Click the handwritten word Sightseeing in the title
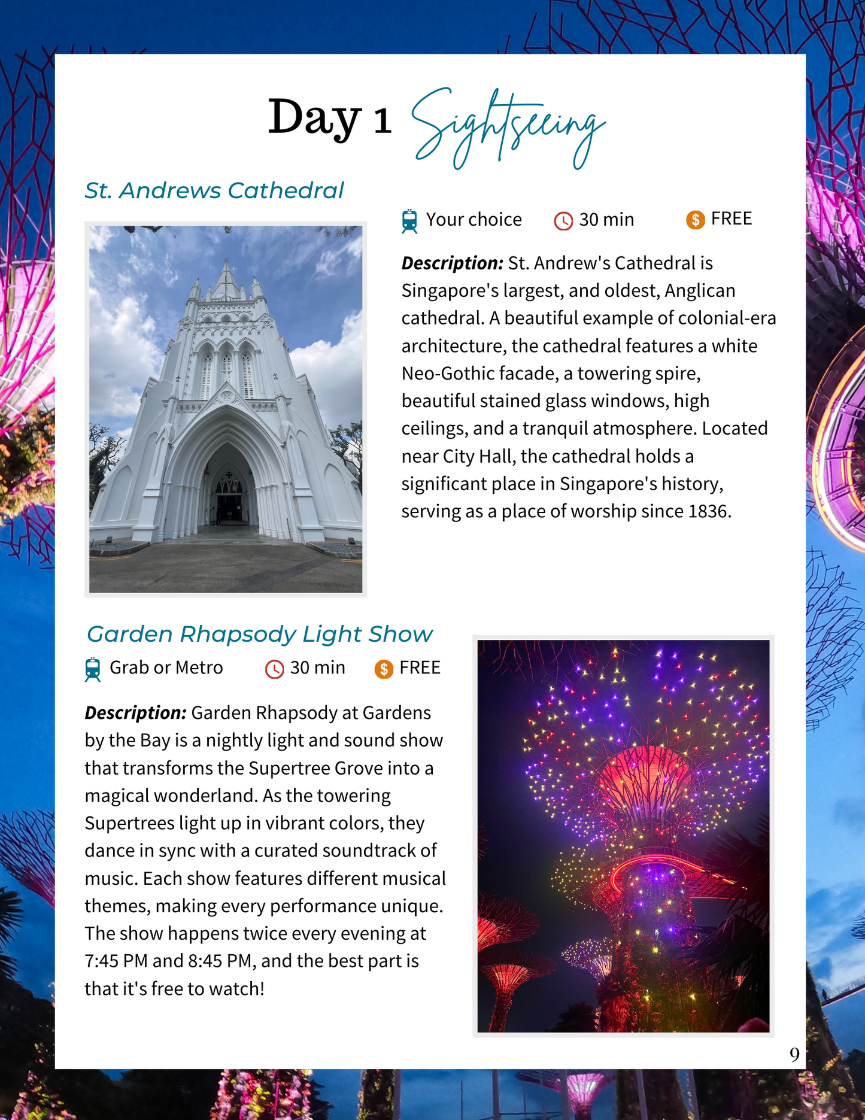(x=508, y=126)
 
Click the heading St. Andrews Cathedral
(x=214, y=190)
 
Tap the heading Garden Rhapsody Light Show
(x=259, y=634)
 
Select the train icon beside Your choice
(x=409, y=221)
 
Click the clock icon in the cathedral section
(x=563, y=221)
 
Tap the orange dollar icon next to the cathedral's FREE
(x=695, y=220)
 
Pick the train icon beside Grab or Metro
(x=93, y=669)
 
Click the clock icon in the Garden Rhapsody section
(x=274, y=669)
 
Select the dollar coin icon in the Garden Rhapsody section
(x=384, y=669)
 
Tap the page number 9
(x=794, y=1055)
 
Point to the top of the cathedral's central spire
(x=226, y=262)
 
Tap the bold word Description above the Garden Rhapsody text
(x=135, y=713)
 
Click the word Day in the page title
(x=314, y=118)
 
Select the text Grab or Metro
(x=166, y=667)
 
